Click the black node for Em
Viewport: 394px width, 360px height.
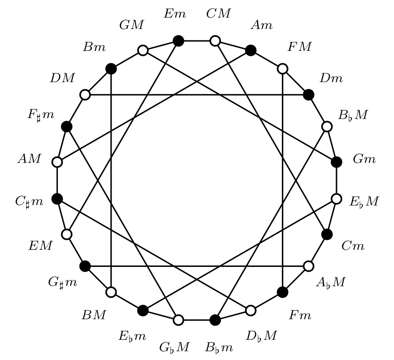[178, 41]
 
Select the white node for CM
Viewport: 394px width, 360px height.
[215, 41]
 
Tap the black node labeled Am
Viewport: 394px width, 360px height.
[251, 50]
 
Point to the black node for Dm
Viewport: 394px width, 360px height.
[309, 94]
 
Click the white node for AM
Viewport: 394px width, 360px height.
[57, 162]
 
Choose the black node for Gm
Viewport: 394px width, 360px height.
[336, 162]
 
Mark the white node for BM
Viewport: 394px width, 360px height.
[111, 292]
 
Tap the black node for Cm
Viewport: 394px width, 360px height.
[327, 234]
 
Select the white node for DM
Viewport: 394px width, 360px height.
[85, 94]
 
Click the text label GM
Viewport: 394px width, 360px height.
[131, 25]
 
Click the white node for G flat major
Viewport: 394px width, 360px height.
[178, 320]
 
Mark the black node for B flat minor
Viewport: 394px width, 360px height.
[215, 320]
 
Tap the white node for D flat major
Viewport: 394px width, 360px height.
[251, 310]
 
